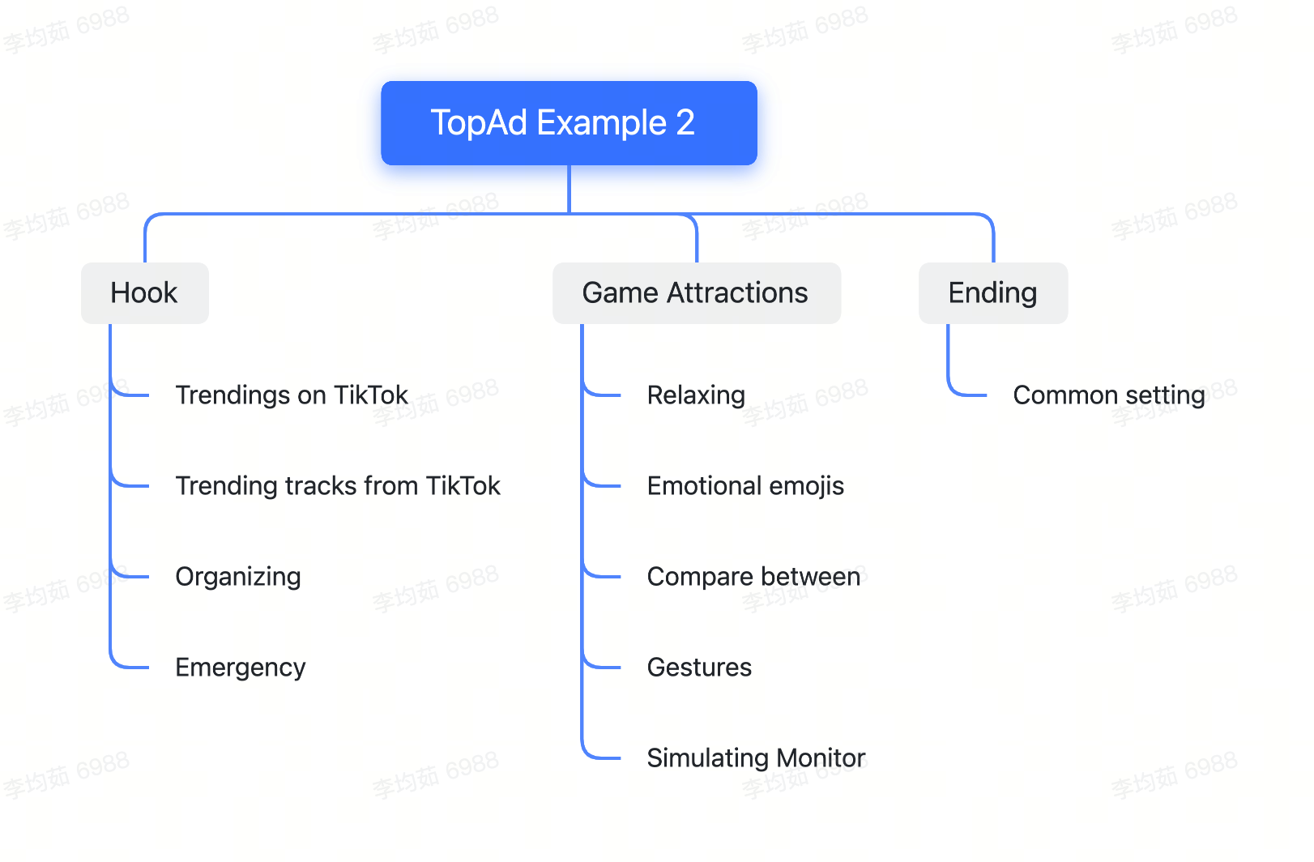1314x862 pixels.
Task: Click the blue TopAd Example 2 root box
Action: (569, 122)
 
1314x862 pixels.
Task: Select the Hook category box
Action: (145, 292)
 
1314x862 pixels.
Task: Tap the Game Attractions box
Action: (697, 292)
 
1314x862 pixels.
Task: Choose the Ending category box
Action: (993, 292)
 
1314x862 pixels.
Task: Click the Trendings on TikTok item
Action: (292, 395)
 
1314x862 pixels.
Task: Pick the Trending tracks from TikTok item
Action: (338, 486)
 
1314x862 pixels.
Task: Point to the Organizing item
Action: (238, 577)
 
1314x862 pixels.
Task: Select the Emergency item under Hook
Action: (241, 668)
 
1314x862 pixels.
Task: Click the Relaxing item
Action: (697, 395)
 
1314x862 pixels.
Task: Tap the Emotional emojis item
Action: (745, 486)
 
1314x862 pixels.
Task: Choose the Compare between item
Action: (753, 576)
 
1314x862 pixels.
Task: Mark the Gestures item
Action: (699, 668)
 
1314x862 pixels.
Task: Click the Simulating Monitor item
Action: (756, 758)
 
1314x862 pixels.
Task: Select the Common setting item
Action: (1109, 395)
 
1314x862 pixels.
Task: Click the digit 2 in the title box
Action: (685, 122)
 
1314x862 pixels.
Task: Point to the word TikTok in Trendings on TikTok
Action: (371, 395)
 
